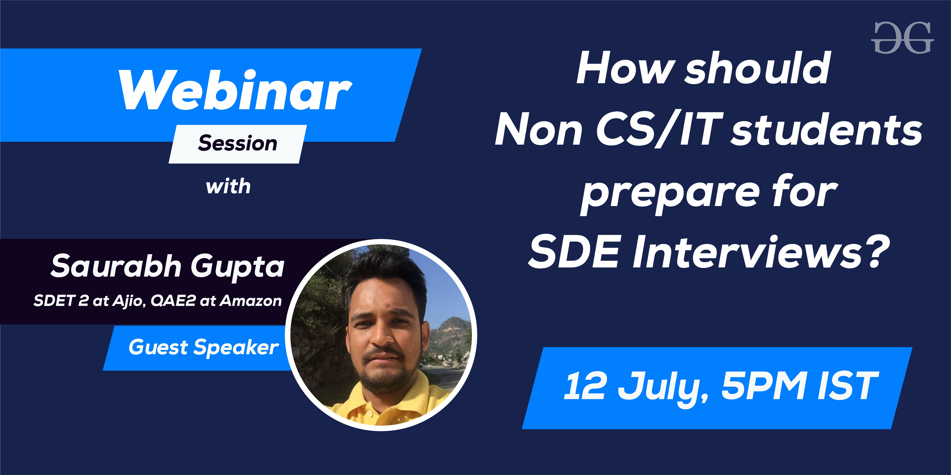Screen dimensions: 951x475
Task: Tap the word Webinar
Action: [x=235, y=90]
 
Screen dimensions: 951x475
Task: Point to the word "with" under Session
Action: [x=228, y=186]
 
